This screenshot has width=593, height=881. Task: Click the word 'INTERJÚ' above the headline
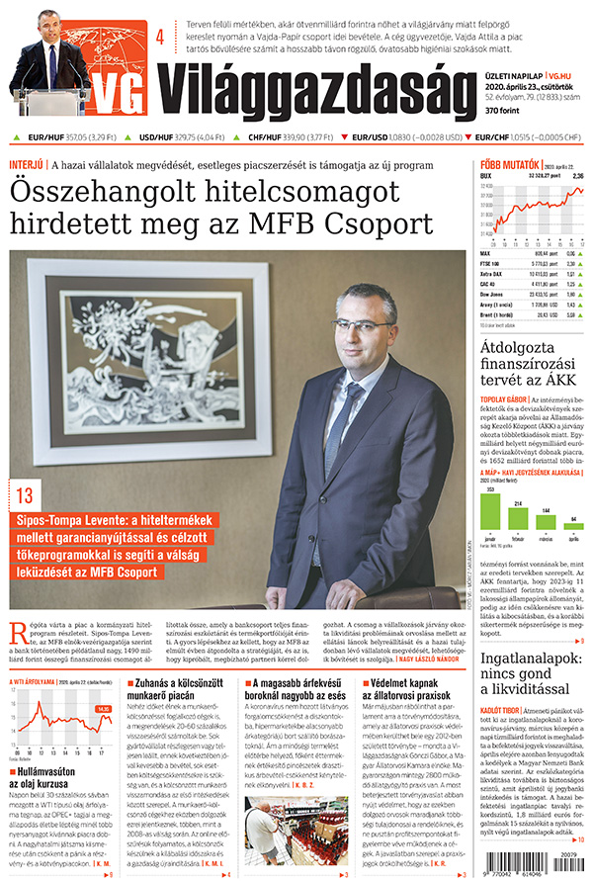pos(26,163)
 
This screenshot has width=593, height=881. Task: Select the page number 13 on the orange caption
pos(25,495)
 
